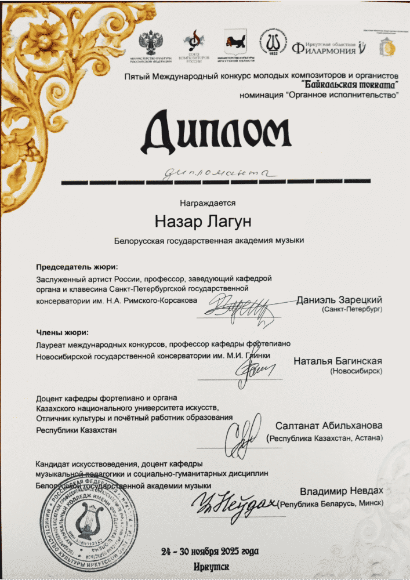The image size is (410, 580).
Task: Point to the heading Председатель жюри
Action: pyautogui.click(x=77, y=267)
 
